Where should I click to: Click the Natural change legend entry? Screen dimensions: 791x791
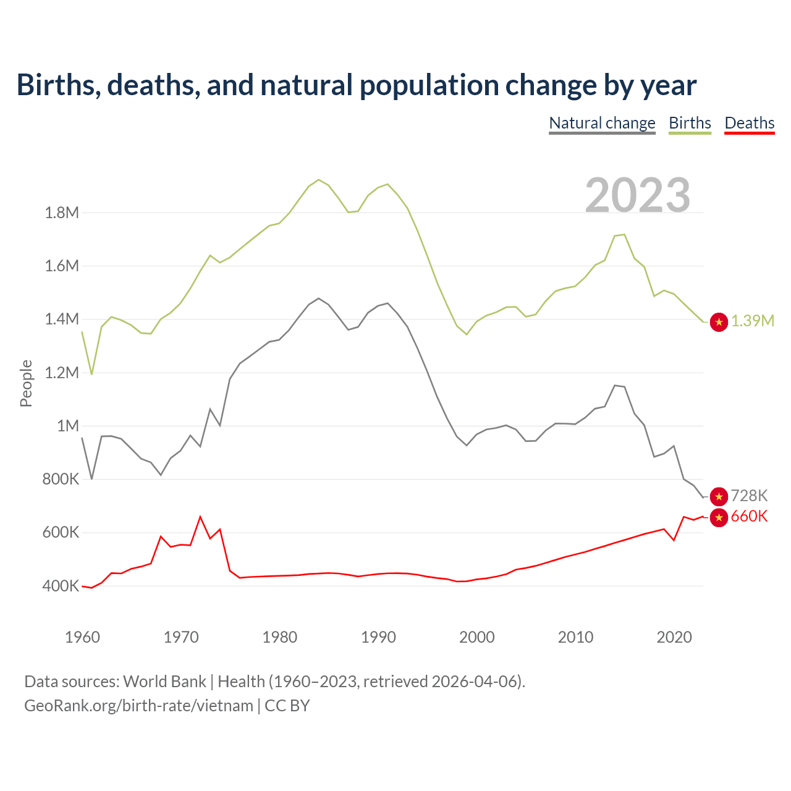pos(602,123)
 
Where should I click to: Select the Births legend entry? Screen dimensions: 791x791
pos(690,123)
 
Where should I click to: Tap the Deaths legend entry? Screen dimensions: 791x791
pos(749,123)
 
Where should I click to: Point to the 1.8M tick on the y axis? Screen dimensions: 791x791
pos(62,213)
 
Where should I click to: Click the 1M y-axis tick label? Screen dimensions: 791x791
pos(68,426)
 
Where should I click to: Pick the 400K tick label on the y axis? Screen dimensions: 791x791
pos(61,586)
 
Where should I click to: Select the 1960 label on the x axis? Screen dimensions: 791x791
pos(82,637)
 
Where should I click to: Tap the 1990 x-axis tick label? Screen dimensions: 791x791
pos(378,637)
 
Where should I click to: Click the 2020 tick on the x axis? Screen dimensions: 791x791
pos(674,637)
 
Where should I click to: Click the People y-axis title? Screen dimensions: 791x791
pos(26,383)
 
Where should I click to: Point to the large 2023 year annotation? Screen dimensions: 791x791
pos(637,195)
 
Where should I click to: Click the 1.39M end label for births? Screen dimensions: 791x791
pos(753,321)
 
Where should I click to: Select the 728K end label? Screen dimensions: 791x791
pos(749,496)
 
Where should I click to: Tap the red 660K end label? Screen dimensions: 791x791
pos(749,517)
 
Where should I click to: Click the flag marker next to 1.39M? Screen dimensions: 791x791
pos(719,322)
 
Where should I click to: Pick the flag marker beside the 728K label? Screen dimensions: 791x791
pos(719,496)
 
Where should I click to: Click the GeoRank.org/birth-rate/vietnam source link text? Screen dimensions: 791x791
pos(138,706)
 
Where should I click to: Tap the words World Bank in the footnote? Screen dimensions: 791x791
pos(164,682)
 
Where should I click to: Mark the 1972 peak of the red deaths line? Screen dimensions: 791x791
pos(200,517)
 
